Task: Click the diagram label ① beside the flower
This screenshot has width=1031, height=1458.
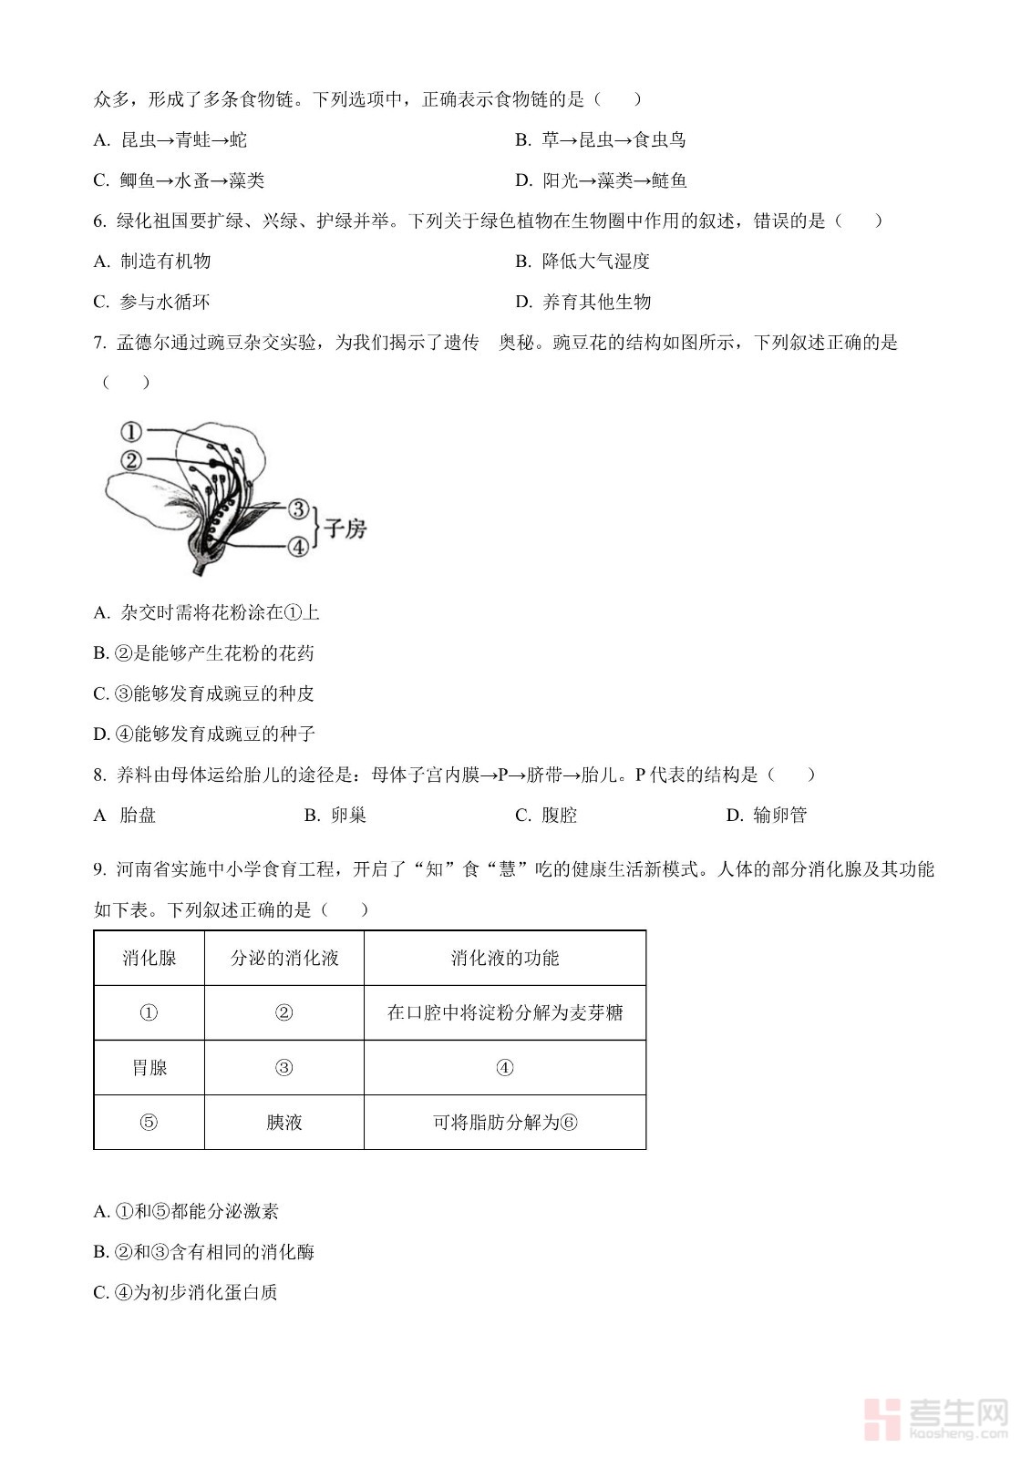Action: tap(131, 431)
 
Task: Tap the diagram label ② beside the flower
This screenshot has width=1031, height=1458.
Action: tap(131, 460)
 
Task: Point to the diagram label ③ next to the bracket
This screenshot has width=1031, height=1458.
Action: tap(298, 509)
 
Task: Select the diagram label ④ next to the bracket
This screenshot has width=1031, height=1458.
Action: tap(298, 546)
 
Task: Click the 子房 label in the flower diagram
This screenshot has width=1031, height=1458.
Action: tap(345, 529)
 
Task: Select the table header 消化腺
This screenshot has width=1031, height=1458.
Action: tap(149, 958)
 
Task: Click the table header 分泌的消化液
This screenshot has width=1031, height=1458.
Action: tap(284, 958)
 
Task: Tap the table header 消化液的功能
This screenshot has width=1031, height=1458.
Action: tap(504, 958)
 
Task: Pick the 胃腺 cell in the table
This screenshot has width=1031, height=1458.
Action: tap(149, 1067)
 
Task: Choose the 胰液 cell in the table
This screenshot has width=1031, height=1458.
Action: tap(284, 1122)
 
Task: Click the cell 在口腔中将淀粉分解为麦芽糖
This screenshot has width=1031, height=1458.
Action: tap(504, 1012)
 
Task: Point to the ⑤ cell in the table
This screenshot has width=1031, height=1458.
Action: tap(149, 1122)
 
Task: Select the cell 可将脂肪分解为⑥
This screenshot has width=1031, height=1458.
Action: tap(504, 1122)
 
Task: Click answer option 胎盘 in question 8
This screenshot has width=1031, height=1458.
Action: tap(138, 815)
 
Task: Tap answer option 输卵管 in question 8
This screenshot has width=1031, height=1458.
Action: tap(779, 815)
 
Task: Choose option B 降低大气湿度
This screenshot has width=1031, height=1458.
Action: tap(594, 262)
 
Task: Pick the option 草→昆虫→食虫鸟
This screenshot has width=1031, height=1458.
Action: tap(613, 139)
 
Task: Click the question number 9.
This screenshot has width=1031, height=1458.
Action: tap(99, 869)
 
